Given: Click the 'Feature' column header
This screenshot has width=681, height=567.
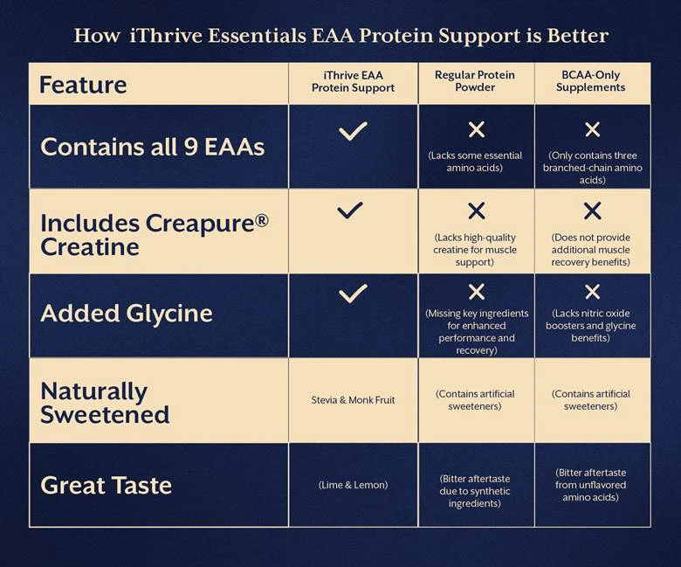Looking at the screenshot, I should point(84,85).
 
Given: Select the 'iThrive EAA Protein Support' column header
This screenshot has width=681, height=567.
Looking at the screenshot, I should point(353,81).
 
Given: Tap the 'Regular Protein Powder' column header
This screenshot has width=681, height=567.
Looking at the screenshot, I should point(476,81).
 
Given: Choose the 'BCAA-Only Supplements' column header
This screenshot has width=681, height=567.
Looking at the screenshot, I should point(592,81).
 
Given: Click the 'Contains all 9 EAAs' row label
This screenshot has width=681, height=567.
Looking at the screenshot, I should point(153,147).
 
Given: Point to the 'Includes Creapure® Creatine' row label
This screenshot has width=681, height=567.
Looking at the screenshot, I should point(154,233).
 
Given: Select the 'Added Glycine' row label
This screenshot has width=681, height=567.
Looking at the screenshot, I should point(127,314).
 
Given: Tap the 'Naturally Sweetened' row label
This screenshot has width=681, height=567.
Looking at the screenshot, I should point(105,402).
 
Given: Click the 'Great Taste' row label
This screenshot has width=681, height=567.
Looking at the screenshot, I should point(106,485).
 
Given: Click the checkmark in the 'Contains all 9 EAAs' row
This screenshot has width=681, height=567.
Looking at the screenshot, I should point(353,131).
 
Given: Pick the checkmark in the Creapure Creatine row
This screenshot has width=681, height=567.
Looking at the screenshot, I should point(350,210).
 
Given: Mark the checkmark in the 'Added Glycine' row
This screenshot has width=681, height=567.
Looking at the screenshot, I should point(353,294).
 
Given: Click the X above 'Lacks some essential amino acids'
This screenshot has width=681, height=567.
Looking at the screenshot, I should point(477,130).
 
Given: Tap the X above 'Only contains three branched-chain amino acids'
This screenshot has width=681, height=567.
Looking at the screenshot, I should point(592,130).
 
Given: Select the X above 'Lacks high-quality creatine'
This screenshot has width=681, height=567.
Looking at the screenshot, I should point(476,211).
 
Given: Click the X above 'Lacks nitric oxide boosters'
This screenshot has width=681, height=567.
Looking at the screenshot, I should point(592,292).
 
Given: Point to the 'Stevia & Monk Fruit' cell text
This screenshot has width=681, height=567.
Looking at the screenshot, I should point(353,400).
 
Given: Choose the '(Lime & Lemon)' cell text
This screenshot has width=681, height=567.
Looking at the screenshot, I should point(353,485).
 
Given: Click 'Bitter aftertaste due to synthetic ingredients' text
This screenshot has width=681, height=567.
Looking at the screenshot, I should point(476,491).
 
